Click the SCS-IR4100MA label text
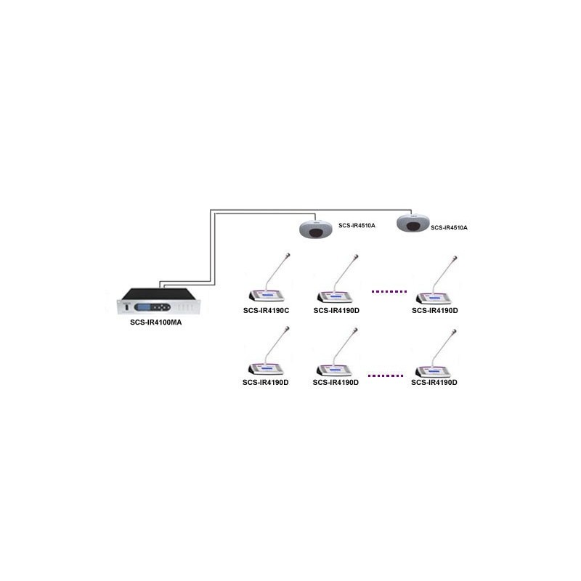[155, 322]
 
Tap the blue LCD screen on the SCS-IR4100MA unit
[142, 307]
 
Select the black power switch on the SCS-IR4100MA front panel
[126, 307]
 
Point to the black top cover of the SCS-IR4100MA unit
[159, 294]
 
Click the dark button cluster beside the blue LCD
[161, 307]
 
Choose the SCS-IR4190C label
[266, 311]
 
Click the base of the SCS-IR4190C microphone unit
[267, 296]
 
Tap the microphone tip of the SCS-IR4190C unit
[288, 255]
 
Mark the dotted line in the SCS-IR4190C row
[389, 292]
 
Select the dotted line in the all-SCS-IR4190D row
[386, 375]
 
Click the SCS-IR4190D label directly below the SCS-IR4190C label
[265, 383]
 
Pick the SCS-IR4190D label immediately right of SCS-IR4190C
[336, 311]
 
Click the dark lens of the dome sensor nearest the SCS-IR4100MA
[316, 232]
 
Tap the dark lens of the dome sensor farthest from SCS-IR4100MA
[413, 227]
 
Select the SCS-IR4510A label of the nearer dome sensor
[357, 225]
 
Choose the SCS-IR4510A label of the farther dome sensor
[449, 227]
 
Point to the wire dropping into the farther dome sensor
[411, 212]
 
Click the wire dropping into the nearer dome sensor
[315, 217]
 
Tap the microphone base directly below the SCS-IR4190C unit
[266, 370]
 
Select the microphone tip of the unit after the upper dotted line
[455, 258]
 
